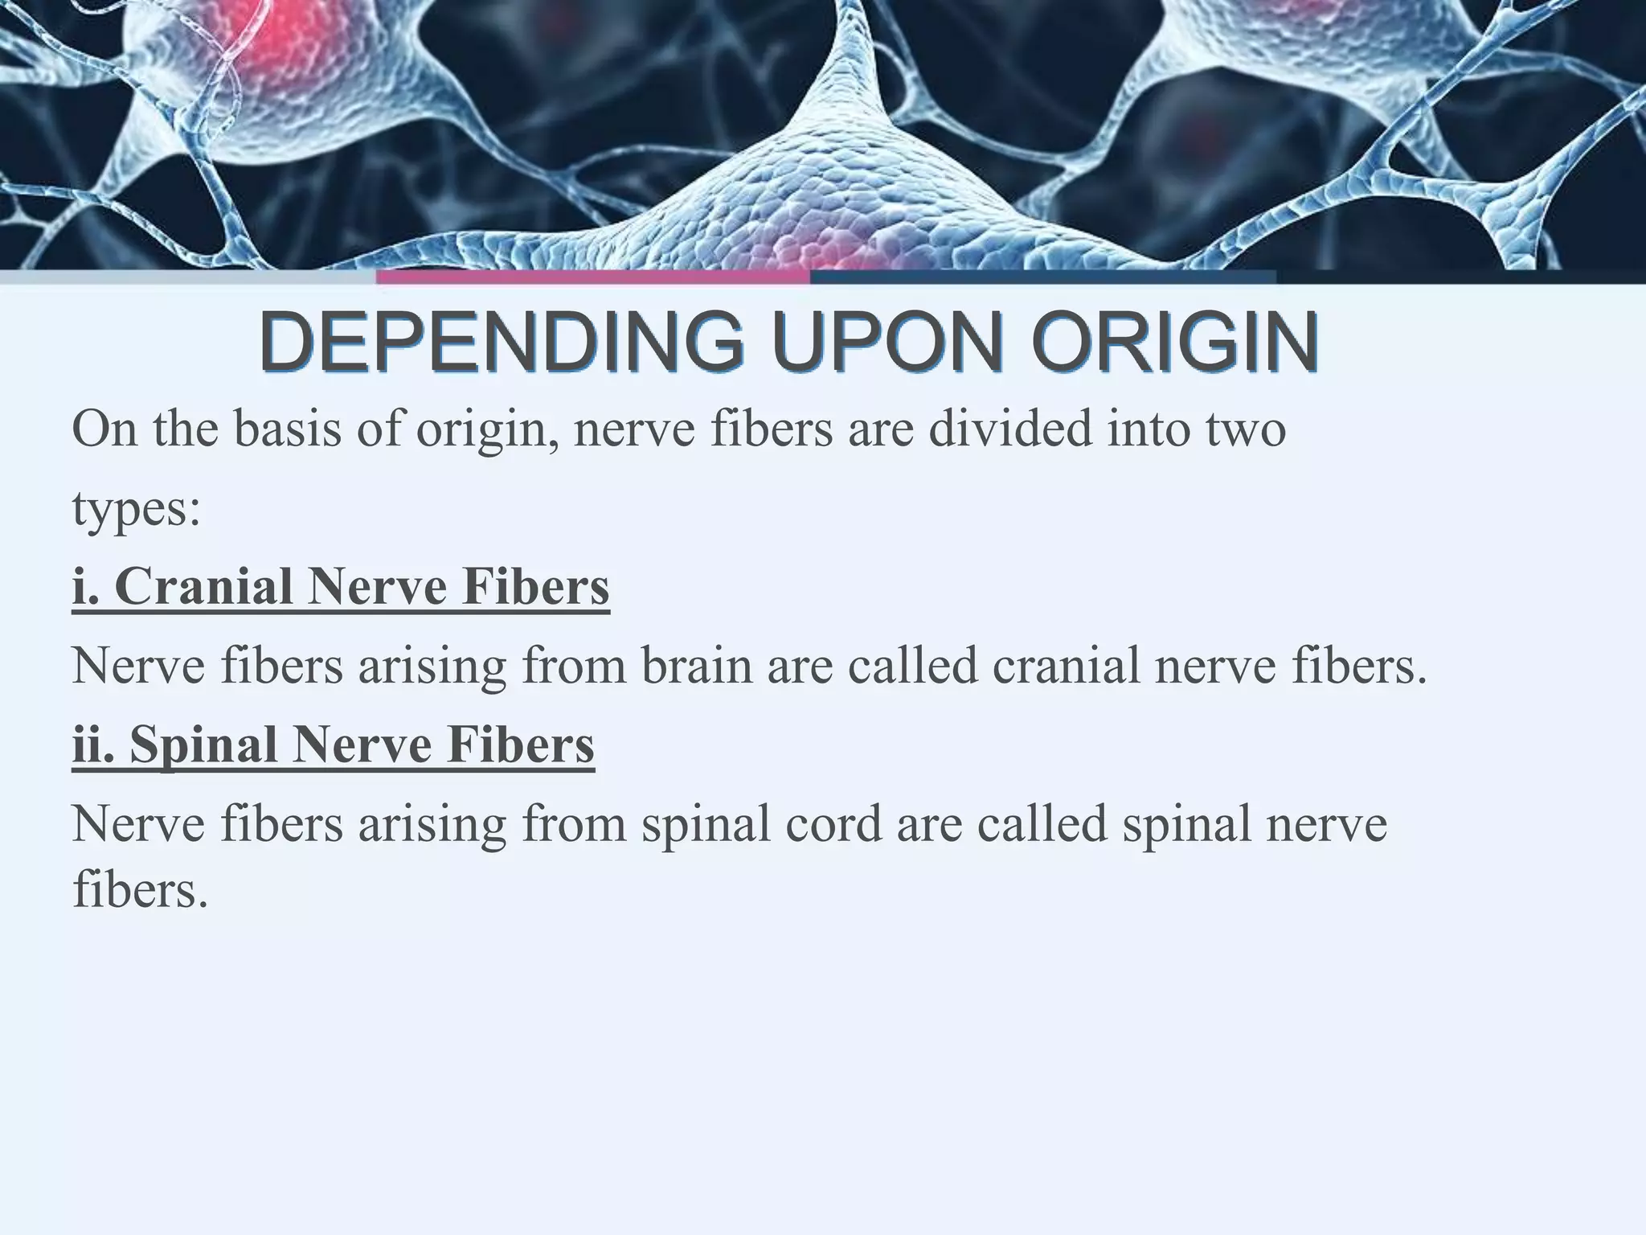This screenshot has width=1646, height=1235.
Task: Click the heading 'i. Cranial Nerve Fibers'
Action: [341, 586]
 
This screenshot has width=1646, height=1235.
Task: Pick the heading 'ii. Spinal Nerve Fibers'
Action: [334, 744]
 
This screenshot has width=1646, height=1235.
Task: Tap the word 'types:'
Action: [136, 508]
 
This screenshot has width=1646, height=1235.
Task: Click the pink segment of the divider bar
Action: [593, 277]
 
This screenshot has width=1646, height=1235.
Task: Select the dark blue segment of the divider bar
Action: [1043, 277]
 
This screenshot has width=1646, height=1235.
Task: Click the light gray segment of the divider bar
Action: [188, 277]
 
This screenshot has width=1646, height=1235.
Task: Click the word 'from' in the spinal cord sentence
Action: [574, 823]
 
